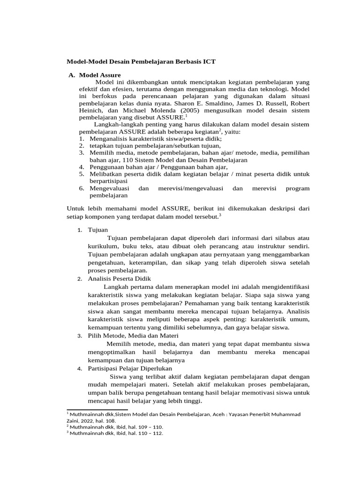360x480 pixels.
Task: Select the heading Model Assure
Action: [100, 75]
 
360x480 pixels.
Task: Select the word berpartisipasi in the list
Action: [108, 180]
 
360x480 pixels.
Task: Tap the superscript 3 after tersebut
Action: [220, 215]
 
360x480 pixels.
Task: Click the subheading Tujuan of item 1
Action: [97, 230]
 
